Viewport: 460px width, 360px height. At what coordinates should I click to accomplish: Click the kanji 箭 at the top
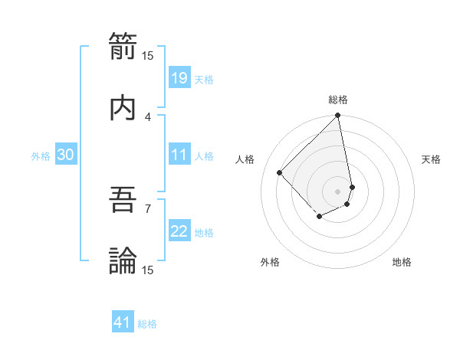(x=123, y=45)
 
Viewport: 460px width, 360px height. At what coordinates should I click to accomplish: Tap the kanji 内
(x=123, y=106)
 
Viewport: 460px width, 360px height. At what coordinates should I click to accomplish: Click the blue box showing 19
(x=179, y=77)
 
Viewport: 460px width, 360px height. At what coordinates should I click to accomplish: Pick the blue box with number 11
(x=179, y=155)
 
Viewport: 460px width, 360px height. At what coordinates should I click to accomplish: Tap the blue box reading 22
(x=179, y=231)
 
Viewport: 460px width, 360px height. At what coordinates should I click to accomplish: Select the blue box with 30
(x=66, y=155)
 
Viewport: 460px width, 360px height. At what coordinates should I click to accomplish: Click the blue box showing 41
(x=123, y=322)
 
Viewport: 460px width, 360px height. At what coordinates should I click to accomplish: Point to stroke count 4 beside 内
(x=148, y=116)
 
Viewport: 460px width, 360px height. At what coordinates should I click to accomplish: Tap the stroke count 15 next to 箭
(x=148, y=55)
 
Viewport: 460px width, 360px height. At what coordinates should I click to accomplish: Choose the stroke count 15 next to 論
(x=148, y=270)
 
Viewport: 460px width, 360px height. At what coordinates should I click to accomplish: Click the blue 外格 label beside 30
(x=41, y=155)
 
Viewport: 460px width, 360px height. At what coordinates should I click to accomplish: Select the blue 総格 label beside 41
(x=147, y=324)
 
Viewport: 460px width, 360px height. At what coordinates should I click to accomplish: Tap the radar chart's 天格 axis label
(x=431, y=159)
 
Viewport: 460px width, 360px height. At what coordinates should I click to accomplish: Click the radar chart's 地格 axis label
(x=402, y=262)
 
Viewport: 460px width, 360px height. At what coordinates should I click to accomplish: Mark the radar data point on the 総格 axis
(x=337, y=116)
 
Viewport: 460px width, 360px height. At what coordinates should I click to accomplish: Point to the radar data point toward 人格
(x=280, y=172)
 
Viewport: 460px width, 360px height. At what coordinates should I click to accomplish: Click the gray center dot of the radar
(x=337, y=191)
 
